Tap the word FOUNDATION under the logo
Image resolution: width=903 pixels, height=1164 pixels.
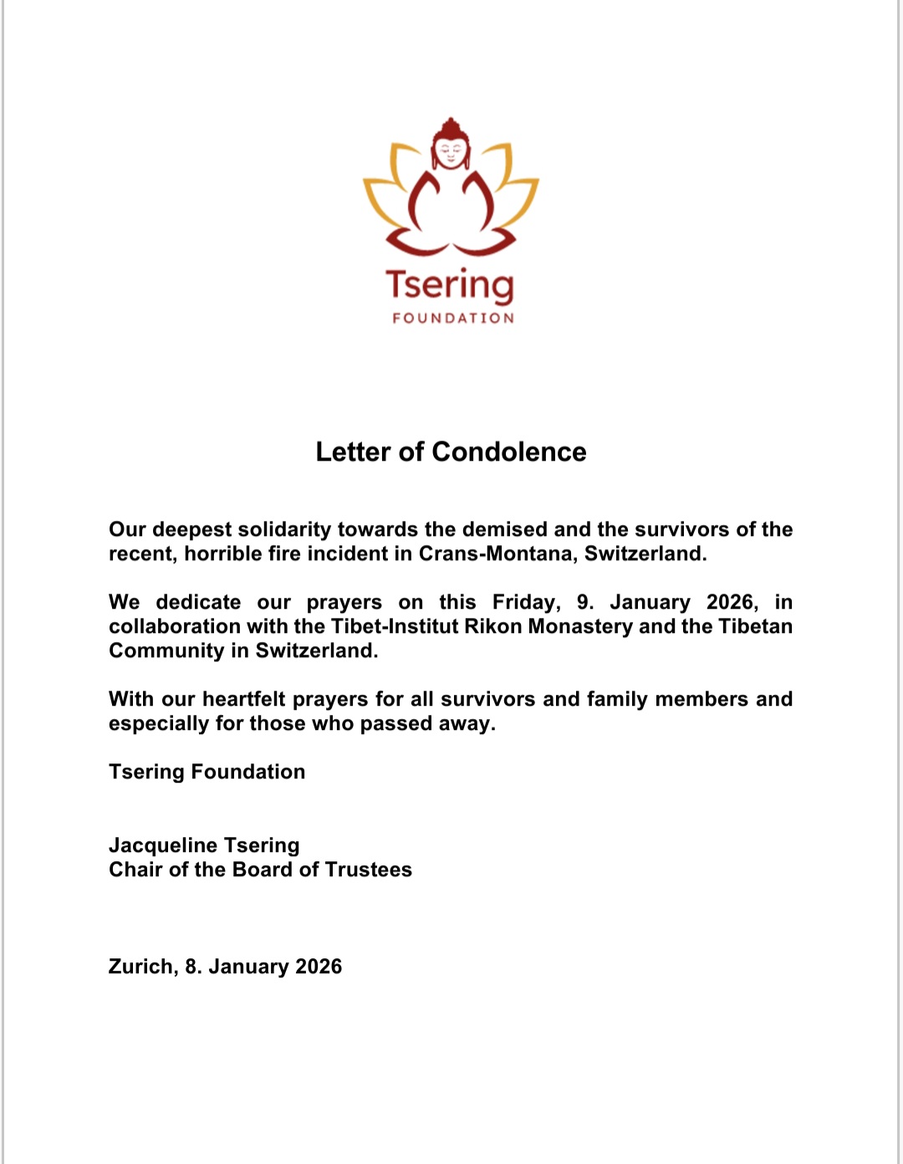pyautogui.click(x=453, y=318)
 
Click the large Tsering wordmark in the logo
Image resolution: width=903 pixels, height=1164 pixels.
pyautogui.click(x=450, y=285)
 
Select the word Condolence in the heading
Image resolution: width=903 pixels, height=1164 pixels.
pyautogui.click(x=508, y=452)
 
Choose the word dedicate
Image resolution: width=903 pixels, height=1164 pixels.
pyautogui.click(x=198, y=602)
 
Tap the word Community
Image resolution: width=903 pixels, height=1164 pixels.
pyautogui.click(x=166, y=651)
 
